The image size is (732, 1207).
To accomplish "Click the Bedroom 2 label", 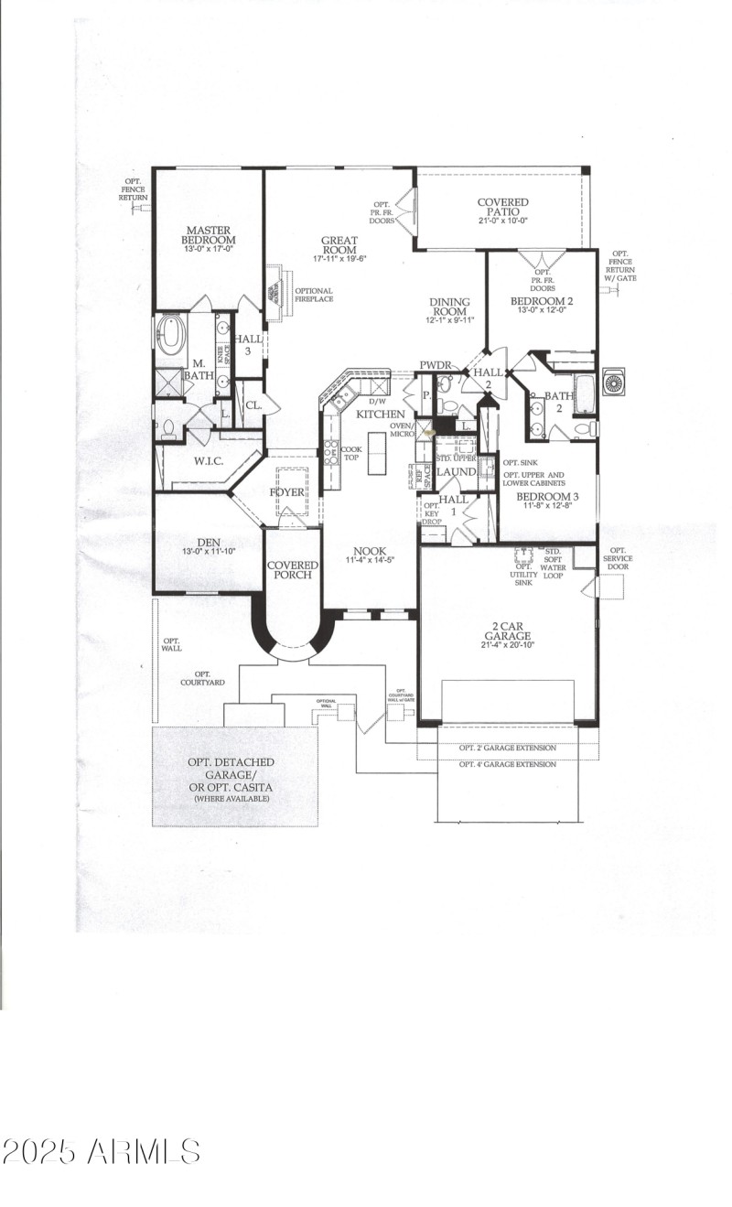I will (x=542, y=307).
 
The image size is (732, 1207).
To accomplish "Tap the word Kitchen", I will (x=380, y=415).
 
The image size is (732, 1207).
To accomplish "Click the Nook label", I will (x=371, y=555).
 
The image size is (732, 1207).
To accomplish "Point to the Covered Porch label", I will (x=293, y=570).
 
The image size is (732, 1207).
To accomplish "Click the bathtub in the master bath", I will (x=170, y=335).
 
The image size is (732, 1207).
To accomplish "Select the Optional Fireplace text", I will (x=313, y=295).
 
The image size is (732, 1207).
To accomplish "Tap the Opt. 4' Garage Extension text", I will (x=507, y=764).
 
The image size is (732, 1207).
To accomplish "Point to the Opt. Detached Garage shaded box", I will (x=234, y=777).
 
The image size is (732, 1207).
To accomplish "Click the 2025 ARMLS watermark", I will (x=101, y=1151).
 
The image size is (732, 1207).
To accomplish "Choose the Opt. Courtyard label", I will (x=202, y=678).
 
